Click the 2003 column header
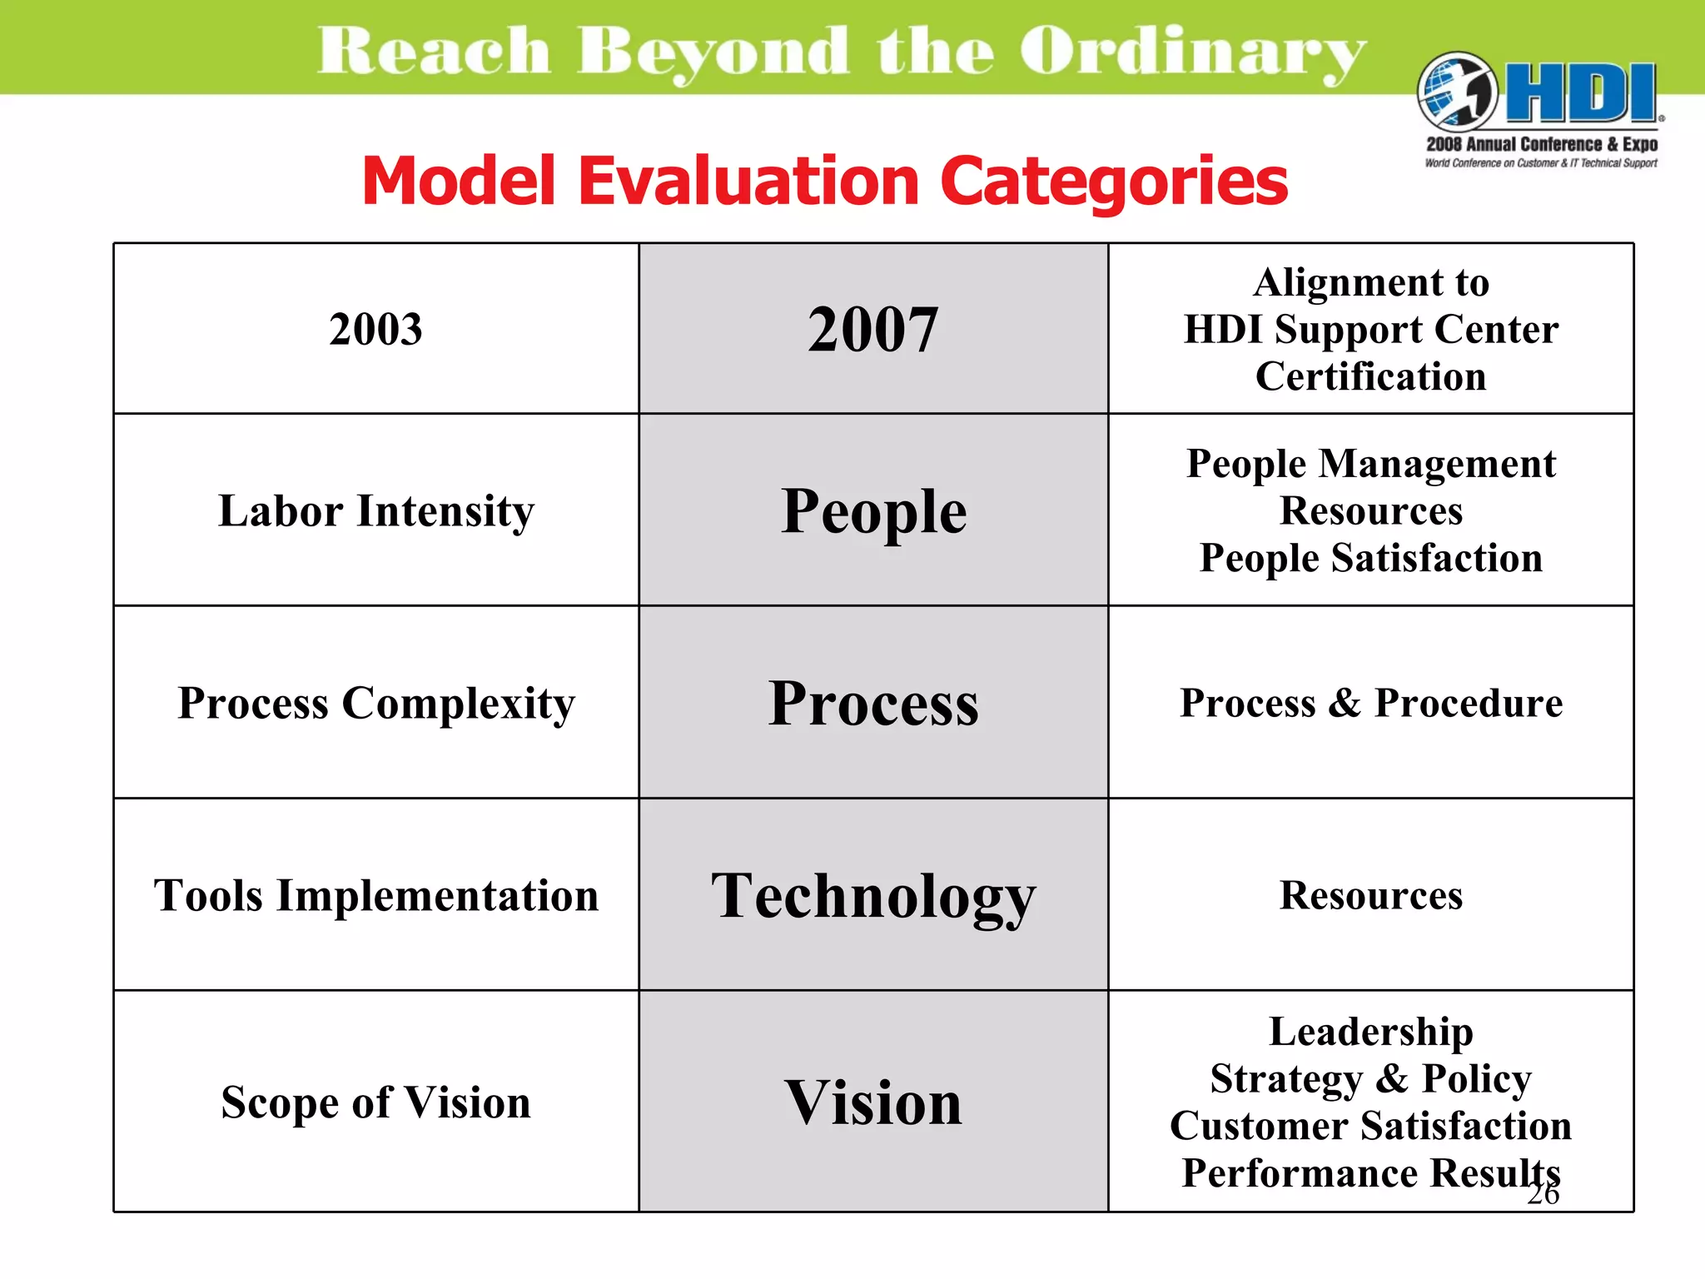coord(375,329)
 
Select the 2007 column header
coord(873,329)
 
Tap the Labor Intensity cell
coord(376,510)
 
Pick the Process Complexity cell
coord(376,703)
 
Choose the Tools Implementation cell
coord(376,896)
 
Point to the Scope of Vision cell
coord(376,1102)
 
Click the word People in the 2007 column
coord(873,510)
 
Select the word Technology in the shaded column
coord(873,897)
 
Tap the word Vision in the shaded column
coord(873,1102)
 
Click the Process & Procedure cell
coord(1371,703)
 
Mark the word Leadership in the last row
coord(1371,1032)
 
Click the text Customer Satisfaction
coord(1371,1126)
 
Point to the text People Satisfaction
coord(1371,558)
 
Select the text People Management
coord(1371,464)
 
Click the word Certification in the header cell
coord(1371,376)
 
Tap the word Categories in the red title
coord(1114,182)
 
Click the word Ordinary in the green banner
coord(1192,52)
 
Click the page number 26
coord(1543,1194)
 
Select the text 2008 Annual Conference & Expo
coord(1542,144)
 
